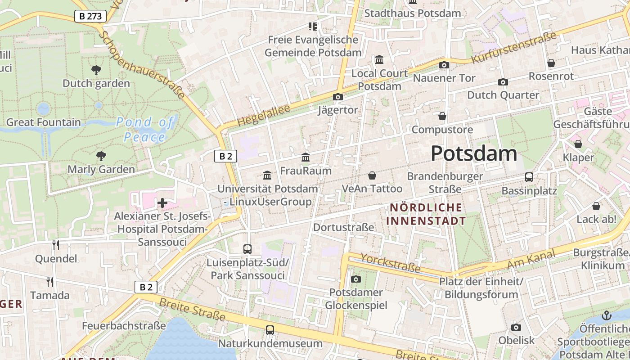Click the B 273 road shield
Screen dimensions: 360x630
point(90,17)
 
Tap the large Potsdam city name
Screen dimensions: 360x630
point(473,154)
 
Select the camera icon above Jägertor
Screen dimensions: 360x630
point(337,97)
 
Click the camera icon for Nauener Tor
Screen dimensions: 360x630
point(444,65)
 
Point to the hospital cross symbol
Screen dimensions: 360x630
point(162,203)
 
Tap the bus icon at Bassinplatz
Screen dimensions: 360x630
point(529,177)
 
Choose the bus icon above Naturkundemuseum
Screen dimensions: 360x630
point(270,330)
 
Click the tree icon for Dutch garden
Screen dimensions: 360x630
point(96,70)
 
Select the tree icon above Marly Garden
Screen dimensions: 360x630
point(101,156)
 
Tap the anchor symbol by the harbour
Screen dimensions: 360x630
point(607,315)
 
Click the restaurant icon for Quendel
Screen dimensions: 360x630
point(56,245)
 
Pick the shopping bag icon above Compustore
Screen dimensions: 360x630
point(442,116)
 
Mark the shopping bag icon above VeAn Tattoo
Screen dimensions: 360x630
point(372,175)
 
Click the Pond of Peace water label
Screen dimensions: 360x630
point(145,130)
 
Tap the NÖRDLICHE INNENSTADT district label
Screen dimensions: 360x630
point(426,214)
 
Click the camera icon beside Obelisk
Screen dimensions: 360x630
point(516,327)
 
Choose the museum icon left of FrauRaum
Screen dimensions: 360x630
point(267,175)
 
